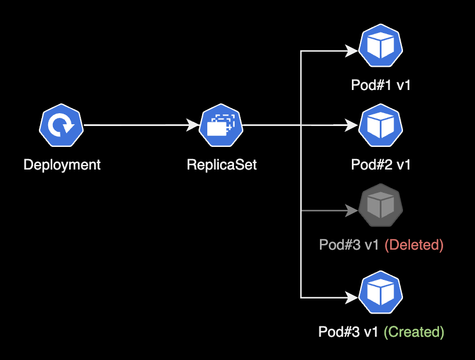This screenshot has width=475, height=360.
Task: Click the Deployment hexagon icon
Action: pos(62,125)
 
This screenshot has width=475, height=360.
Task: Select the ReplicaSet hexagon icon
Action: pos(221,125)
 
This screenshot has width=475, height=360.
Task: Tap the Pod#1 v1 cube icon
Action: pos(381,46)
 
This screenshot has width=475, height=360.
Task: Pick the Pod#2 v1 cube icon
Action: pos(381,125)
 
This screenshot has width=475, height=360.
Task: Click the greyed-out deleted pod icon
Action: pos(381,206)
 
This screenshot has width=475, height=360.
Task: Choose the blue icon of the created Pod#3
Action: pos(381,294)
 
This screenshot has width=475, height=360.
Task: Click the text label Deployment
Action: pos(62,165)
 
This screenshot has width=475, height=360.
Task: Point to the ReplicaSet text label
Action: pos(221,165)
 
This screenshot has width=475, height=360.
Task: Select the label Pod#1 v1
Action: pos(381,85)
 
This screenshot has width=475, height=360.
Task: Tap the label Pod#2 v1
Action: pos(381,165)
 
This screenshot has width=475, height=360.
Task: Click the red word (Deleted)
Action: pos(414,245)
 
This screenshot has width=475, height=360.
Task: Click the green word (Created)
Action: pos(414,332)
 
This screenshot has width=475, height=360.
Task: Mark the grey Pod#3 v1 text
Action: pos(349,245)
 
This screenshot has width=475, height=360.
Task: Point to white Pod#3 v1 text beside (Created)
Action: pos(348,332)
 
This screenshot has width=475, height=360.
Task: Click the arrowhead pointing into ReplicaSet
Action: pos(193,125)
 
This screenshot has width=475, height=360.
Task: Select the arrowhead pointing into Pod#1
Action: pos(352,51)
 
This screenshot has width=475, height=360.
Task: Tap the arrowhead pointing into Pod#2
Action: pos(352,125)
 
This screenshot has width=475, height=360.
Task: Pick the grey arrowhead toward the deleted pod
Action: pos(352,211)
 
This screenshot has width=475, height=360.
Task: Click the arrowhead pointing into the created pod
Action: pos(352,298)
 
